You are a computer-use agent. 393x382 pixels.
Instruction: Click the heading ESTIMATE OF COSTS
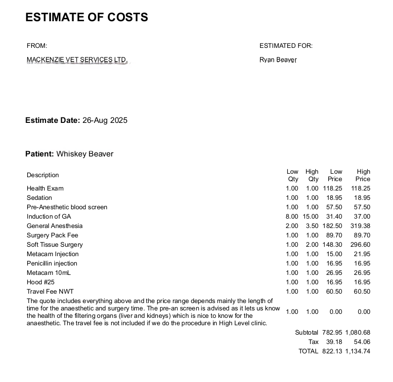click(87, 17)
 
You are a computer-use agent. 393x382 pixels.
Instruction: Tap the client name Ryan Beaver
click(278, 60)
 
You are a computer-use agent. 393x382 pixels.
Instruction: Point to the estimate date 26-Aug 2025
click(105, 120)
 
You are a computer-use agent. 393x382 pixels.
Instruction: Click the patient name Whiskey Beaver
click(85, 154)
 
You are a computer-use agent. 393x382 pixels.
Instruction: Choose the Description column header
click(43, 175)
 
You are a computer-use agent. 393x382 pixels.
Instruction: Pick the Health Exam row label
click(45, 189)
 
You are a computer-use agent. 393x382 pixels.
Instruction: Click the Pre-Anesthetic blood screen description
click(67, 207)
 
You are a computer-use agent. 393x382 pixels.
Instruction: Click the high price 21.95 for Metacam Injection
click(362, 254)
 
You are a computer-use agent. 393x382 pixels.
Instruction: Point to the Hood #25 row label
click(41, 282)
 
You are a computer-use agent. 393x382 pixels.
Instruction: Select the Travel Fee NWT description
click(50, 292)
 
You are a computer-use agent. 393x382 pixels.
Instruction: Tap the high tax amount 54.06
click(362, 342)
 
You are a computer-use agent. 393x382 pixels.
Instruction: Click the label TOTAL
click(308, 351)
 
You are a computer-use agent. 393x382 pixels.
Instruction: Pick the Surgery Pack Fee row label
click(52, 235)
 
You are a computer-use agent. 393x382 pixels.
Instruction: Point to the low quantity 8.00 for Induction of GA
click(292, 217)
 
